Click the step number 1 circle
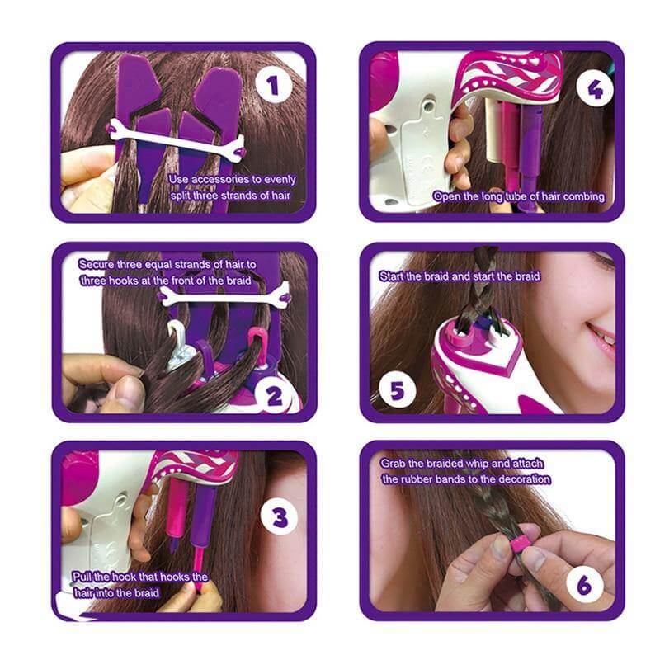tap(272, 84)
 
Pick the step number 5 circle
tap(396, 389)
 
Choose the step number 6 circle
tap(584, 586)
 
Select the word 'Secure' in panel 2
tap(97, 264)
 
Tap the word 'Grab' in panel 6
tap(396, 464)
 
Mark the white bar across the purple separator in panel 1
tap(176, 140)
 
